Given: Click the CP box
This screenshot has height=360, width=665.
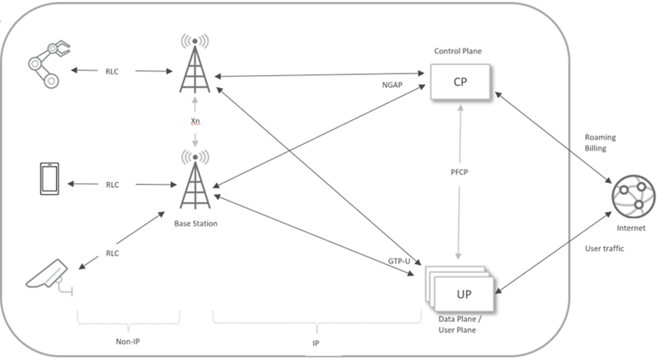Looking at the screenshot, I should [460, 82].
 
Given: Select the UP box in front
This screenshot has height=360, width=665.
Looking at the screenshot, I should [464, 293].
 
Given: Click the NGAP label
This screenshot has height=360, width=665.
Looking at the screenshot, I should [392, 84].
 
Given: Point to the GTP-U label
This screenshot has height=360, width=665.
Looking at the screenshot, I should [399, 261].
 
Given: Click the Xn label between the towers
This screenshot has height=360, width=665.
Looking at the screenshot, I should [195, 122].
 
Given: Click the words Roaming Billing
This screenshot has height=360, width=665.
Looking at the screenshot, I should [600, 144].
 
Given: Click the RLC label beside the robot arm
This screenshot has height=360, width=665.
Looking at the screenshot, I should [112, 71].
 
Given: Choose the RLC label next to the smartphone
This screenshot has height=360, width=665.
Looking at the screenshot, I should [112, 184].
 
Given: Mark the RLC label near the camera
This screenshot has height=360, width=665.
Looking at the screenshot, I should [113, 252].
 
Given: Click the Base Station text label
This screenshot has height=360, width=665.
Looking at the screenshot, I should [195, 223].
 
